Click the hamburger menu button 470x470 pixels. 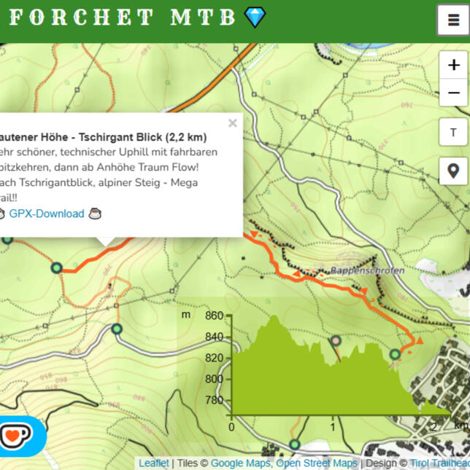[x=453, y=20]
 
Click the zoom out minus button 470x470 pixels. [x=453, y=93]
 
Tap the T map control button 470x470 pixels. [x=453, y=133]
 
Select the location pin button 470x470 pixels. [x=453, y=171]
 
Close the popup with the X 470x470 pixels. [x=232, y=123]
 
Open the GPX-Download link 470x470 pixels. [x=47, y=214]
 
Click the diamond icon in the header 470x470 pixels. [x=255, y=17]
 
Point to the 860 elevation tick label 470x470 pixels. [x=215, y=316]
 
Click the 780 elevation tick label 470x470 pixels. [x=215, y=399]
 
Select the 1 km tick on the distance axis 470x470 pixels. [x=333, y=427]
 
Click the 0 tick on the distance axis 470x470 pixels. [x=231, y=427]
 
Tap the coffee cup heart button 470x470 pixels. [x=16, y=436]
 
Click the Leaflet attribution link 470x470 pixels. [x=154, y=463]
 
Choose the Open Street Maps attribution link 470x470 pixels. [x=317, y=463]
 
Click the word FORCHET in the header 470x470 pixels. [x=81, y=17]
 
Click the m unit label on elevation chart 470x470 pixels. [x=186, y=315]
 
